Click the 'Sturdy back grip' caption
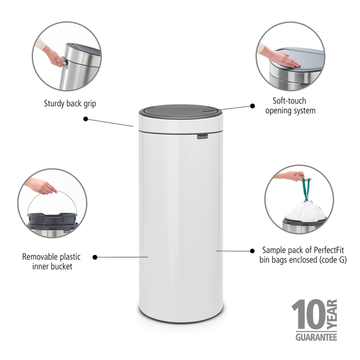click(x=70, y=103)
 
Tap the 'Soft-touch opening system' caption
click(x=290, y=106)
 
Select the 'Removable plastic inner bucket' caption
click(x=51, y=262)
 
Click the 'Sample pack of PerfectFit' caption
click(x=303, y=250)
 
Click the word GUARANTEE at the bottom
click(x=316, y=337)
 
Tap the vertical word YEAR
click(x=332, y=314)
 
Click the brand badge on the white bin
click(x=202, y=137)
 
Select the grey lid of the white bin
click(x=181, y=111)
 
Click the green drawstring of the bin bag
click(x=306, y=190)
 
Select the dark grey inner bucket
click(x=52, y=219)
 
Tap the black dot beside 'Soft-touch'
click(x=253, y=106)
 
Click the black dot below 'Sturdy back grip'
click(x=85, y=119)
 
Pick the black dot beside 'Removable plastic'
click(x=95, y=257)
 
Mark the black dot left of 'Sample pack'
click(x=253, y=251)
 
